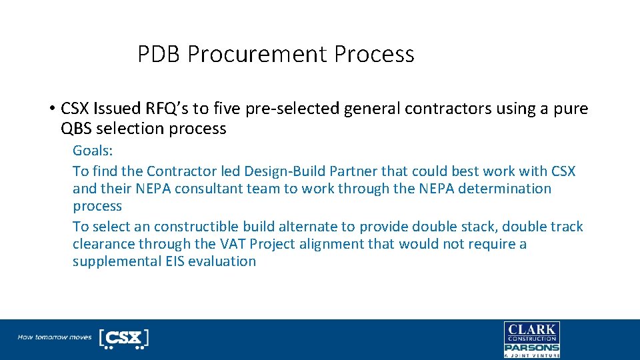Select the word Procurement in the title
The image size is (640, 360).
coord(258,54)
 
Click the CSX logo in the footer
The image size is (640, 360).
coord(123,338)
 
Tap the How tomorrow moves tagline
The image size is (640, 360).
coord(55,337)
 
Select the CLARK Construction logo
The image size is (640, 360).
coord(531,332)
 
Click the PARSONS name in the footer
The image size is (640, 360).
coord(531,347)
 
